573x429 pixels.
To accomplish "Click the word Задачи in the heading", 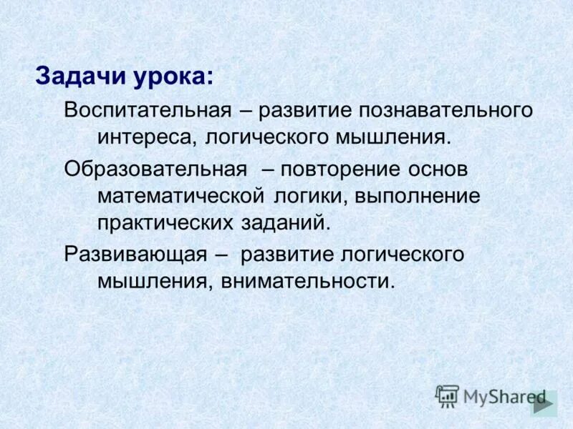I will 81,76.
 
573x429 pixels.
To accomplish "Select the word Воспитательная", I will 147,111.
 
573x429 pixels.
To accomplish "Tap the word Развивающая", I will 135,255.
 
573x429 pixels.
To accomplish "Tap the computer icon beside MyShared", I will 447,395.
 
